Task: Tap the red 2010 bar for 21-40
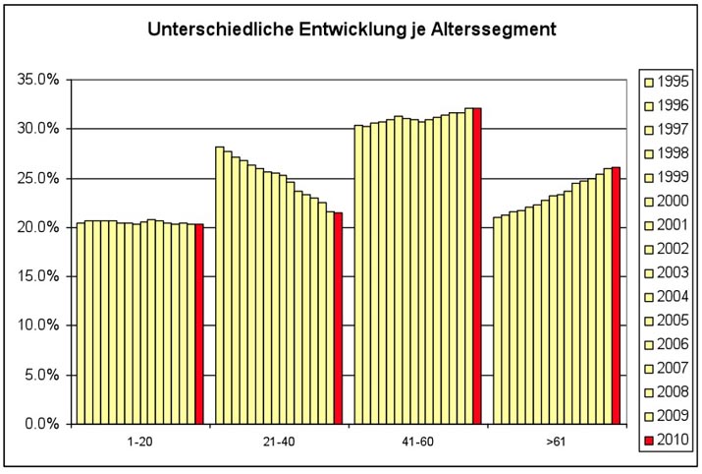[x=338, y=318]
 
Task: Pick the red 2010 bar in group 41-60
[x=477, y=266]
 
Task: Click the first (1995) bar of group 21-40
[x=220, y=285]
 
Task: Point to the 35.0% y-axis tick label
[x=37, y=80]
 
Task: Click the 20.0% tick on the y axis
[x=37, y=227]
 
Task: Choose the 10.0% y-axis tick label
[x=37, y=326]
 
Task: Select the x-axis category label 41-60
[x=418, y=443]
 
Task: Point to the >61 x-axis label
[x=556, y=443]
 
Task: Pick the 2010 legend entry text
[x=673, y=440]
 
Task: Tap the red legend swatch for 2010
[x=649, y=440]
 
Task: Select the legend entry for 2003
[x=673, y=272]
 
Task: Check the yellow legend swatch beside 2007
[x=649, y=368]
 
